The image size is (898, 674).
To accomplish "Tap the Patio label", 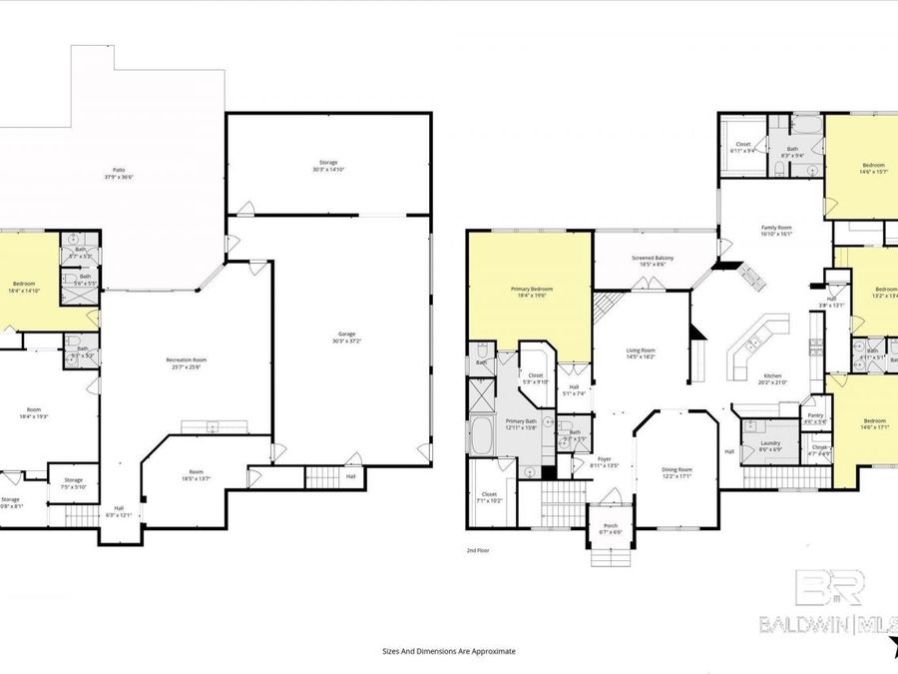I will point(119,171).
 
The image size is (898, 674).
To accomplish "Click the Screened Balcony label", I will point(653,259).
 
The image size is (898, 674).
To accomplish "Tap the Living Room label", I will point(640,350).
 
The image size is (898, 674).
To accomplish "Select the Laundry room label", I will point(769,443).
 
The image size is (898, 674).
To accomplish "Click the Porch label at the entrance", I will point(609,526).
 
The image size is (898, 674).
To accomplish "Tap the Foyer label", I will point(605,460).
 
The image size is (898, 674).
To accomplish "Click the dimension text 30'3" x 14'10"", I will point(328,170).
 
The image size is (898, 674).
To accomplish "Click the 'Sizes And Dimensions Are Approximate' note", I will point(449,650).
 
